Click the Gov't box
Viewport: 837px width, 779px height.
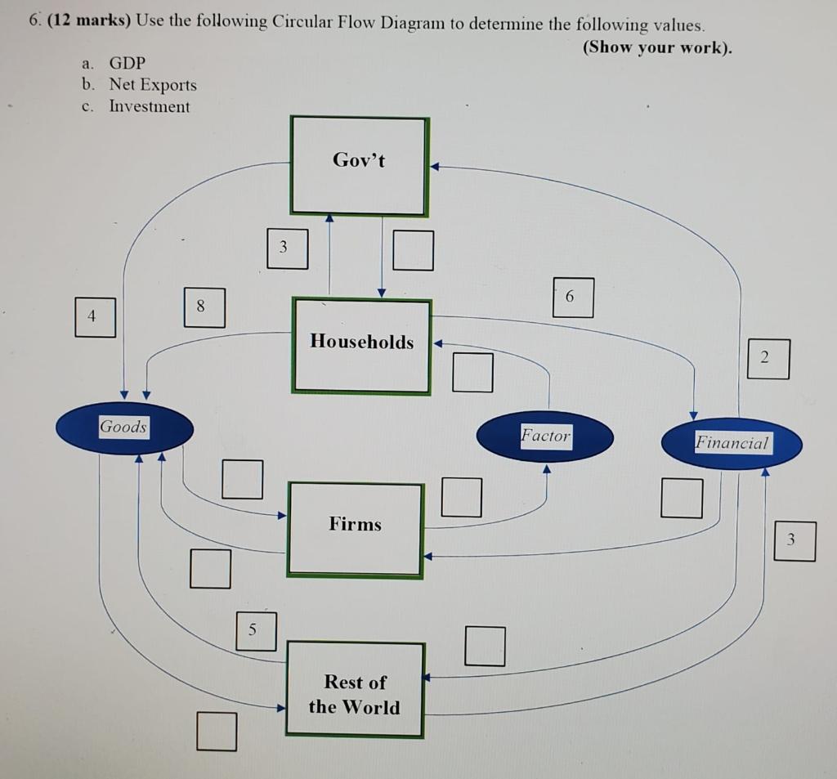tap(359, 166)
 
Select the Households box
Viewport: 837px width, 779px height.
tap(361, 345)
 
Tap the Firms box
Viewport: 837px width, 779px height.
tap(355, 529)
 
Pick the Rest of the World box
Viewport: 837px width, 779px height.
tap(355, 689)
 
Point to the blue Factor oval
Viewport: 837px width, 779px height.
tap(545, 437)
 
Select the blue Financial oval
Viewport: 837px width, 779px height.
tap(732, 444)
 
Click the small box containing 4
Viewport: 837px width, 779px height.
tap(95, 317)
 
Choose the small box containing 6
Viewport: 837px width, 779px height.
tap(572, 298)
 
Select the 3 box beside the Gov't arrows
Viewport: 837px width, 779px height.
tap(287, 248)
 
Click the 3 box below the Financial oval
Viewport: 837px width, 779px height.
tap(794, 541)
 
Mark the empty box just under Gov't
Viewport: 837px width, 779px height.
tap(412, 249)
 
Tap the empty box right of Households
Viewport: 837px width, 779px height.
tap(473, 372)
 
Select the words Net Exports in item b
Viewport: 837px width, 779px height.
tap(152, 85)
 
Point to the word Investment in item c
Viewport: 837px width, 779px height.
tap(149, 106)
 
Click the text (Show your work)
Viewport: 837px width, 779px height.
tap(657, 47)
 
